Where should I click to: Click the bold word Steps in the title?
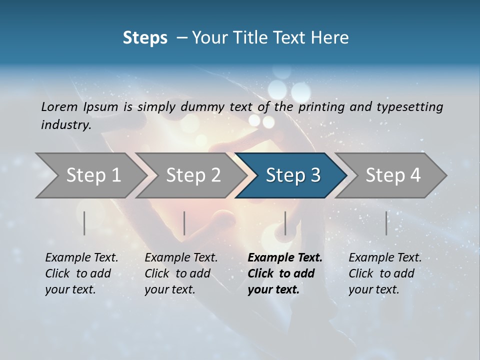point(145,38)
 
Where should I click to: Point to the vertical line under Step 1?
point(84,223)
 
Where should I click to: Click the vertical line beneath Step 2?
point(184,223)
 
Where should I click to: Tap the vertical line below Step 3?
point(285,223)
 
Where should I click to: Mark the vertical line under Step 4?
point(386,223)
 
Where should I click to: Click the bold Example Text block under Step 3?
point(285,273)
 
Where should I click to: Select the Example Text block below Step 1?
point(81,273)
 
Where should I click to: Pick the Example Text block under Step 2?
point(181,273)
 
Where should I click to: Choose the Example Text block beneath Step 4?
point(385,273)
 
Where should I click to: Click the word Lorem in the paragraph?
point(59,106)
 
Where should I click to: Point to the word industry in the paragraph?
point(65,125)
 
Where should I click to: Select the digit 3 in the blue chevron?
point(314,175)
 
